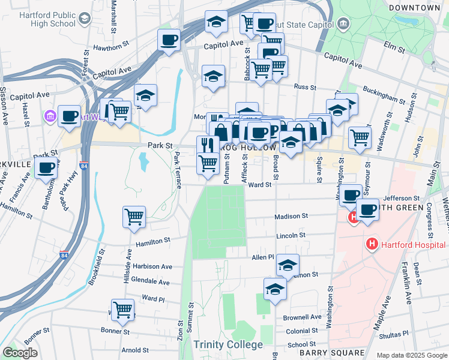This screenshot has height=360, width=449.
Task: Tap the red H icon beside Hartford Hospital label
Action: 372,244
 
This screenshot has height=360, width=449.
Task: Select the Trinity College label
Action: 228,344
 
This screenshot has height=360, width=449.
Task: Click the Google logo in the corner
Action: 20,353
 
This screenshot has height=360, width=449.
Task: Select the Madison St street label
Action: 291,216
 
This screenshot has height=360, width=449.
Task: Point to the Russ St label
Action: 305,86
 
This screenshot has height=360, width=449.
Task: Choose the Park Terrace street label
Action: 177,170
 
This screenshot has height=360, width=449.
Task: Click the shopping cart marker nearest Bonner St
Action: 123,310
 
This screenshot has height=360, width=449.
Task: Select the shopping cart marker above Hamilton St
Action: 134,217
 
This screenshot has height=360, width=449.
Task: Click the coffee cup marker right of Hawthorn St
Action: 169,40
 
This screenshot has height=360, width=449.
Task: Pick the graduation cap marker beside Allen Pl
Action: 288,265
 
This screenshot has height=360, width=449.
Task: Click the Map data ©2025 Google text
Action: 411,355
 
